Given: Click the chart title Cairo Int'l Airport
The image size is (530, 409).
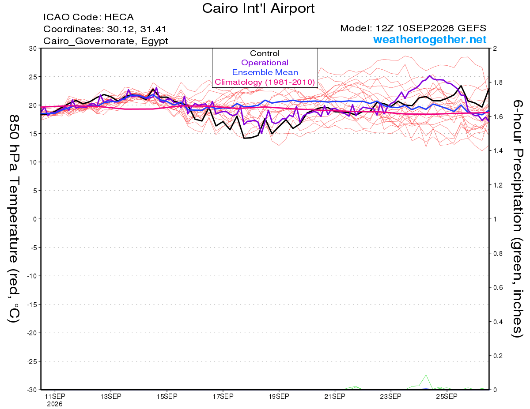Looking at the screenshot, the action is click(258, 8).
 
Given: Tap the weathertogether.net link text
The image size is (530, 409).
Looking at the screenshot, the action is click(430, 39).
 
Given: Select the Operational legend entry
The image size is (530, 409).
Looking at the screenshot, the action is click(265, 63).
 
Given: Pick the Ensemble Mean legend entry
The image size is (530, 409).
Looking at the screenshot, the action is click(265, 72).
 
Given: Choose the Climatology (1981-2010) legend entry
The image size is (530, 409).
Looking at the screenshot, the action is click(265, 82).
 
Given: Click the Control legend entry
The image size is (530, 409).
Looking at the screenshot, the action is click(265, 53).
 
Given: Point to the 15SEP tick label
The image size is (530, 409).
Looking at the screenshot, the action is click(167, 396).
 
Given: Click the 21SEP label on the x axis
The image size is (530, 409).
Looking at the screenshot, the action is click(335, 396).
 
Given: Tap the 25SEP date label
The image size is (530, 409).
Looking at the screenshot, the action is click(447, 396).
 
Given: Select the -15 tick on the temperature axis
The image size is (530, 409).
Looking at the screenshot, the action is click(32, 304).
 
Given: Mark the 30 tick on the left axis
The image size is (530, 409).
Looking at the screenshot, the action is click(33, 49).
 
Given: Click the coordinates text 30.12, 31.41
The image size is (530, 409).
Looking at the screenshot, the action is click(136, 29).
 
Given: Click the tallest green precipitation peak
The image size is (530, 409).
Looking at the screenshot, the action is click(426, 375).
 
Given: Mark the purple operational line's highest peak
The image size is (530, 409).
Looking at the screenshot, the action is click(429, 76).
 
